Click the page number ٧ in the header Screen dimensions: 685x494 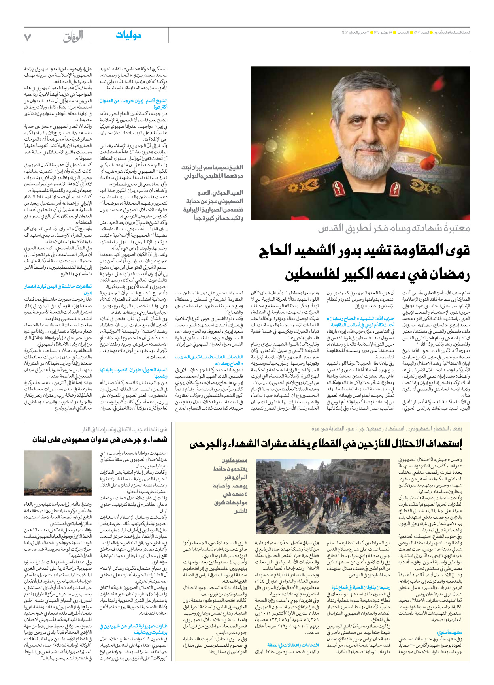27,38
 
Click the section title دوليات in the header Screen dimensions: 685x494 128,36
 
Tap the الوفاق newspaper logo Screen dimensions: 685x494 73,37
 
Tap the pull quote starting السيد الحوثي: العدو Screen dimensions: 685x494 213,205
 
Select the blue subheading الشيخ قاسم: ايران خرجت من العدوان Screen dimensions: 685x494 133,104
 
